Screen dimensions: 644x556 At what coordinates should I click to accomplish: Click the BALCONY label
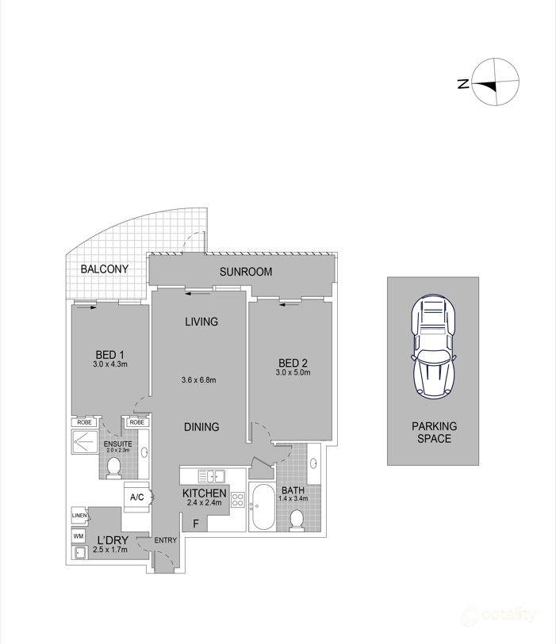105,269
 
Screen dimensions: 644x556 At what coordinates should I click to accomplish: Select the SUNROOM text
247,272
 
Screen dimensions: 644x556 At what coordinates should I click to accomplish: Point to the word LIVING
201,322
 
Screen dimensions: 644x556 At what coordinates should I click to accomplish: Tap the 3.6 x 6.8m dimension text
199,380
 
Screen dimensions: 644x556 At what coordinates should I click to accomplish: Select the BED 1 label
109,354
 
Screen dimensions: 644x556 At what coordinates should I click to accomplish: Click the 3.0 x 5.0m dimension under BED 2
293,372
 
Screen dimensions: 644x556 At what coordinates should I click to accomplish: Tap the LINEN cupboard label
79,516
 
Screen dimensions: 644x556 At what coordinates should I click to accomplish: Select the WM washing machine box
78,535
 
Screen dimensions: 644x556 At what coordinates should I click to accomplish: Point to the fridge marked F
196,524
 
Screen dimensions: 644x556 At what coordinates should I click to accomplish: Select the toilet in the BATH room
296,519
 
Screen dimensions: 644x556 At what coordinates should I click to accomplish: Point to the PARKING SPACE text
433,432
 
